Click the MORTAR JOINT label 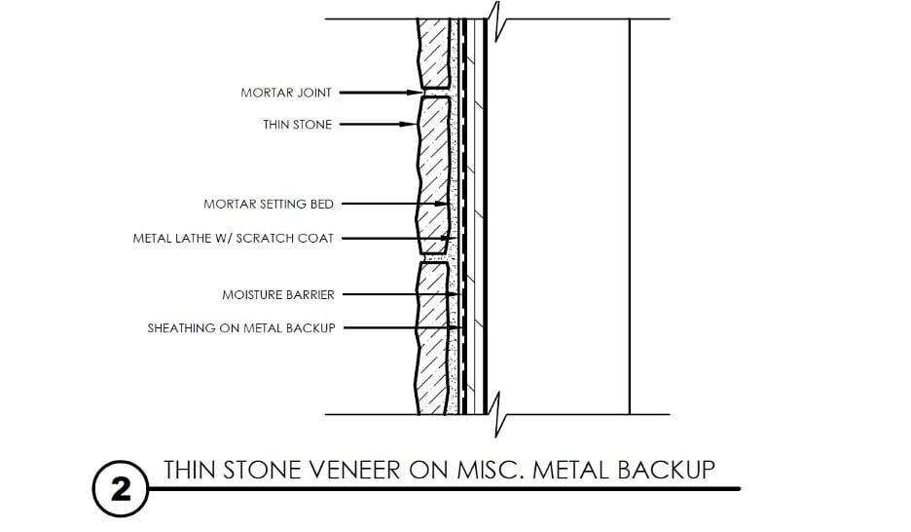pyautogui.click(x=286, y=93)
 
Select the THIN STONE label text pyautogui.click(x=298, y=125)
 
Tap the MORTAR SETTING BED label pyautogui.click(x=269, y=204)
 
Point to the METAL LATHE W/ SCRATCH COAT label pyautogui.click(x=233, y=239)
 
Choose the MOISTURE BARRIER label pyautogui.click(x=278, y=295)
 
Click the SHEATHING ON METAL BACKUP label pyautogui.click(x=241, y=328)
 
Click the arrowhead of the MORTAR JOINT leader pyautogui.click(x=415, y=93)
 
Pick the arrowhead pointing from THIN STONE pyautogui.click(x=410, y=125)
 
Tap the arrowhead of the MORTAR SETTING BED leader pyautogui.click(x=442, y=204)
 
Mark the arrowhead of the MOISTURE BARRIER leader pyautogui.click(x=455, y=295)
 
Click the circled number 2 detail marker pyautogui.click(x=121, y=489)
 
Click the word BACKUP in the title pyautogui.click(x=666, y=470)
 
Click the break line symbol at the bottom pyautogui.click(x=497, y=414)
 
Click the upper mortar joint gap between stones pyautogui.click(x=435, y=93)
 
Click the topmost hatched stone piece pyautogui.click(x=434, y=54)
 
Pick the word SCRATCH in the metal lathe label pyautogui.click(x=266, y=239)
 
